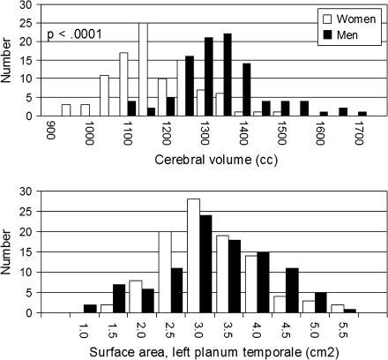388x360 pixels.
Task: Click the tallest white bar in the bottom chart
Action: pyautogui.click(x=193, y=256)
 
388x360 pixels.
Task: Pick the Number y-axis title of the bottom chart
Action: pyautogui.click(x=10, y=251)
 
